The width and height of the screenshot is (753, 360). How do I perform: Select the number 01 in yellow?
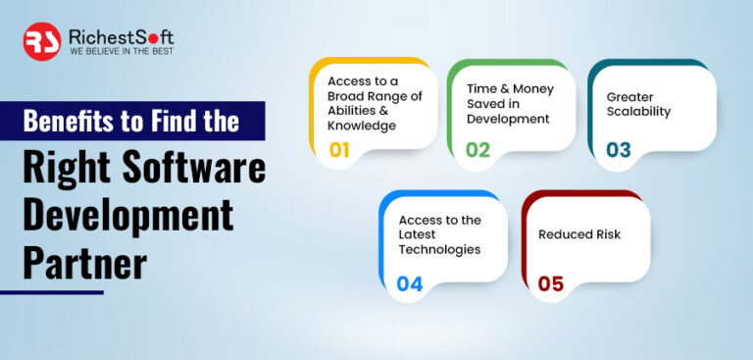(x=339, y=150)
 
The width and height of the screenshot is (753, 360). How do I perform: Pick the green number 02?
(x=477, y=150)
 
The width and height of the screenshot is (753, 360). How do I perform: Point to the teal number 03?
(x=618, y=150)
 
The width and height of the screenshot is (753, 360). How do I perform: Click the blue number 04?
(x=409, y=283)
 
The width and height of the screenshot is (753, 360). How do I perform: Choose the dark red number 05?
(x=550, y=283)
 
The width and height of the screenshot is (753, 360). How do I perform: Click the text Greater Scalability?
(x=638, y=104)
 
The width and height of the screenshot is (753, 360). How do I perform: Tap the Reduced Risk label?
(x=579, y=234)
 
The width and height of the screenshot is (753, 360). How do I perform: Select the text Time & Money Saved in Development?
(x=509, y=103)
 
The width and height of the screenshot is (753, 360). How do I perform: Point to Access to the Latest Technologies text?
(x=439, y=234)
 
